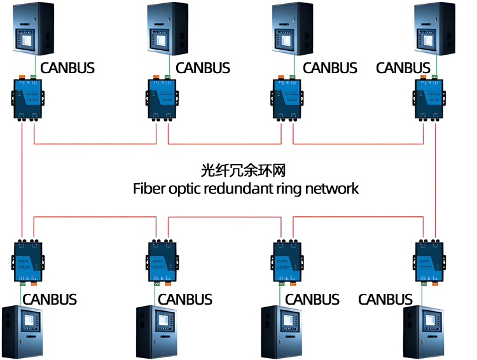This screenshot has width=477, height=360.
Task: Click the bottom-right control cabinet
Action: point(423,330)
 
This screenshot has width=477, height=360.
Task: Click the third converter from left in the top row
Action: point(287,98)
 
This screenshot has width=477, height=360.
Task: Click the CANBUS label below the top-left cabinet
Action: point(68,67)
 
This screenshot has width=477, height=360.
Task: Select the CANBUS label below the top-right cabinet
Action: point(403,67)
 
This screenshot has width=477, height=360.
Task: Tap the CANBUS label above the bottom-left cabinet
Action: point(50,299)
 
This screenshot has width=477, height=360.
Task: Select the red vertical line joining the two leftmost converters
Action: point(22,178)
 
